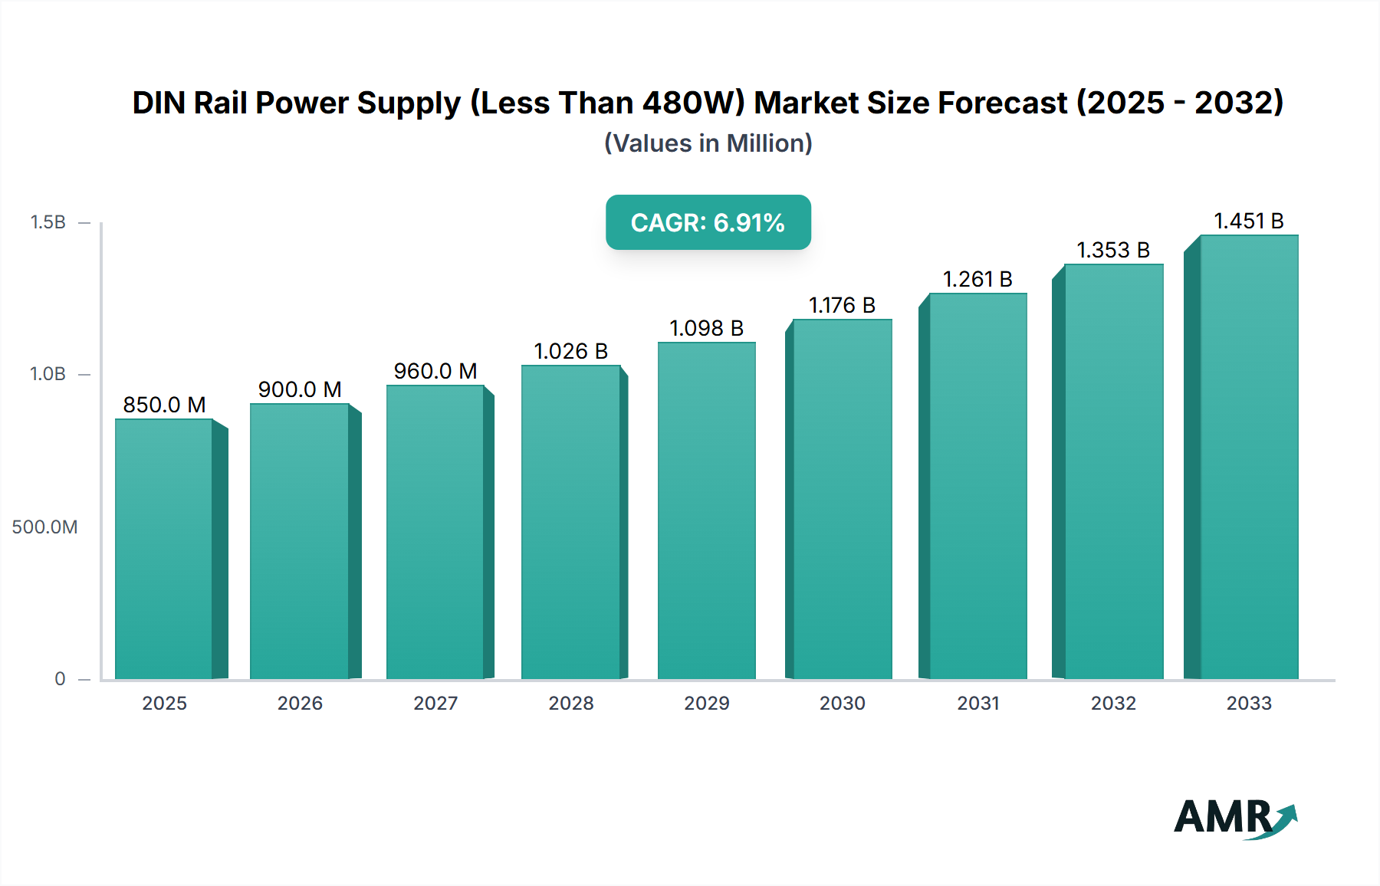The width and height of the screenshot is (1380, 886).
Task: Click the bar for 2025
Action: pos(164,548)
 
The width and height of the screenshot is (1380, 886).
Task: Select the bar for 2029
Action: pos(706,510)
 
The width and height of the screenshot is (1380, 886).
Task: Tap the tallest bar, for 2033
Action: pos(1249,457)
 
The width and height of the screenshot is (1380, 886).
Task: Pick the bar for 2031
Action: pos(978,486)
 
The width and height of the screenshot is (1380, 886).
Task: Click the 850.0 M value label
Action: pos(164,405)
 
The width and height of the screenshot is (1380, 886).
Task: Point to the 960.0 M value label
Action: pos(435,371)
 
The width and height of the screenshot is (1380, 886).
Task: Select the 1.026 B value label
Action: pos(570,351)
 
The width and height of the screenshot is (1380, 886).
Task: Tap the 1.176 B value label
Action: pos(842,305)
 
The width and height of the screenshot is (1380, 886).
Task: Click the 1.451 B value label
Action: pos(1248,221)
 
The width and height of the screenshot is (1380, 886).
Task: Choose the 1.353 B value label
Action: pos(1113,250)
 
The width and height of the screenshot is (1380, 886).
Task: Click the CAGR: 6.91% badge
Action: pos(708,222)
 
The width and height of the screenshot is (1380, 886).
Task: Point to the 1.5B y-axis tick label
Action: pos(48,222)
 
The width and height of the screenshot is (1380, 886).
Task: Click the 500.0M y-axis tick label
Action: pos(44,527)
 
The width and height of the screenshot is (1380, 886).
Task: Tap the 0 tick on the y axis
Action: pos(60,678)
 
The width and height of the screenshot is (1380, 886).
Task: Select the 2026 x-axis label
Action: pos(300,703)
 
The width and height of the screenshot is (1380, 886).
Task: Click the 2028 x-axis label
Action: pos(570,703)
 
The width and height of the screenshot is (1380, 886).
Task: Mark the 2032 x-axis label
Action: pos(1113,703)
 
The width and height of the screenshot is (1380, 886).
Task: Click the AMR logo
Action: pos(1234,817)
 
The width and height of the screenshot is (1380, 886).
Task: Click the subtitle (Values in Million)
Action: pos(708,143)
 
